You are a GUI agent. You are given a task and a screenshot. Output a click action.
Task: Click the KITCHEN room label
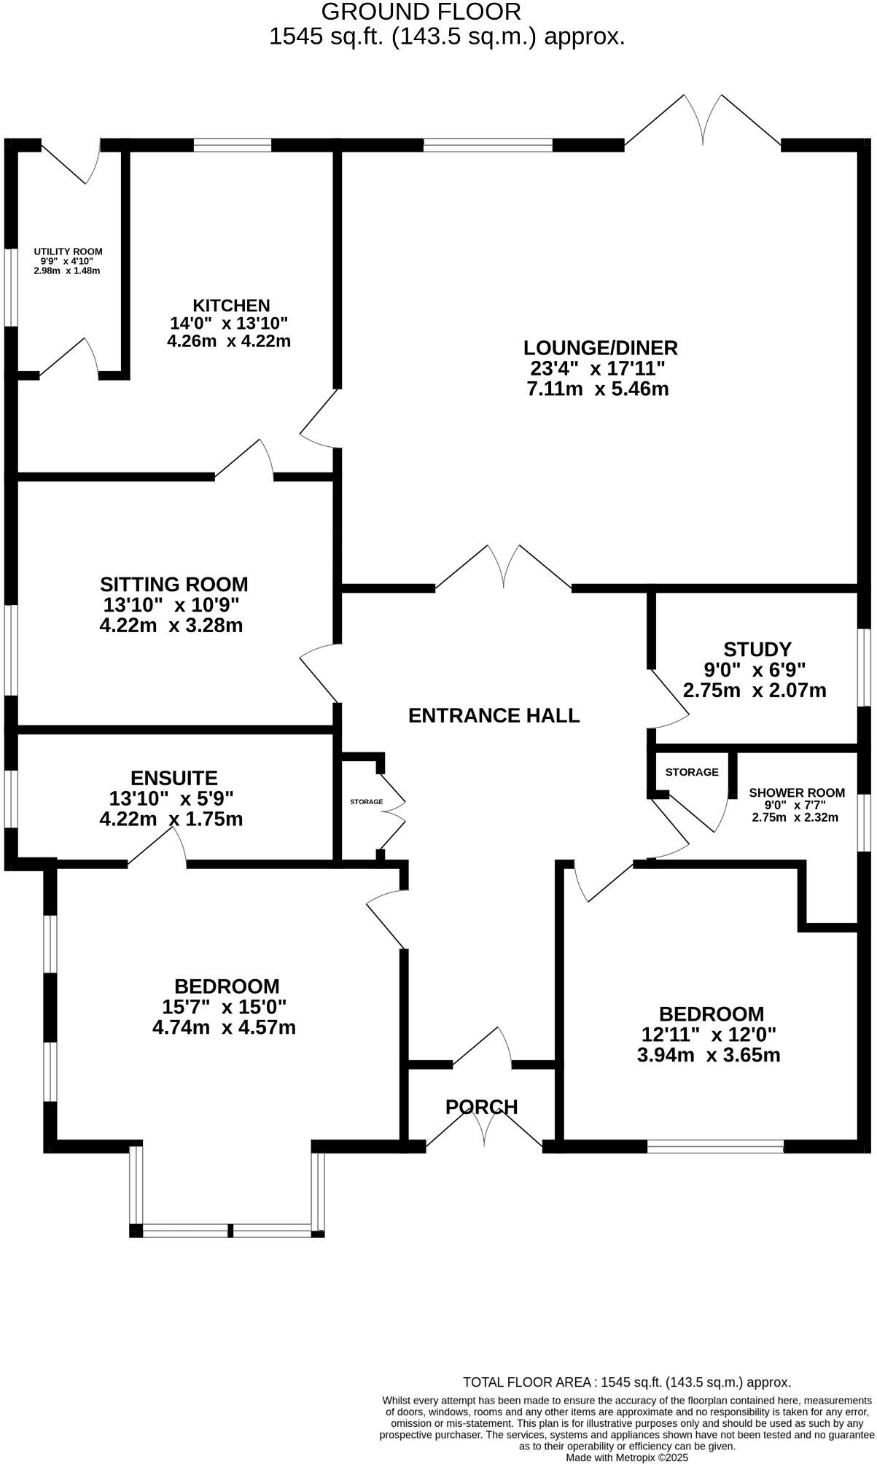click(231, 305)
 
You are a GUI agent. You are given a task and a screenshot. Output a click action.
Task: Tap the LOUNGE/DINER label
click(601, 348)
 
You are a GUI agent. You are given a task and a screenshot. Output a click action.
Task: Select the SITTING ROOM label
click(174, 584)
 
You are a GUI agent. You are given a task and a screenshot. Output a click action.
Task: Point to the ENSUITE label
click(174, 778)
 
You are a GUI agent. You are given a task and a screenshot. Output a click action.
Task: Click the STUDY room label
click(757, 648)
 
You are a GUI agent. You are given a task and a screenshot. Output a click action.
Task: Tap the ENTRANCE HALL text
click(494, 715)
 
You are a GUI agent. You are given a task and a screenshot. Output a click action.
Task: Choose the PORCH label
click(481, 1107)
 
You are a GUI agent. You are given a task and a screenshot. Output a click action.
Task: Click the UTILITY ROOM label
click(68, 252)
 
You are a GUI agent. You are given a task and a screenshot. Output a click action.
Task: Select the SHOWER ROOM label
click(796, 793)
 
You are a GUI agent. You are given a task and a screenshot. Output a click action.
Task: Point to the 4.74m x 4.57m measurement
click(224, 1027)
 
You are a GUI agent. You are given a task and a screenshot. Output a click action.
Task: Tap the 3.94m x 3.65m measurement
click(709, 1054)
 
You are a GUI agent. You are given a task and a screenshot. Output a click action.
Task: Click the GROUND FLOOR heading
click(421, 12)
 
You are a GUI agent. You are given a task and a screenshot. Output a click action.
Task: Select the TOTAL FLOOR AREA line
click(627, 1382)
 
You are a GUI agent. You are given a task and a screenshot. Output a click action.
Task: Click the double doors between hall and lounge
click(504, 569)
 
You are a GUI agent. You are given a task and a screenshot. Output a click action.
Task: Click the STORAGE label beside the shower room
click(692, 772)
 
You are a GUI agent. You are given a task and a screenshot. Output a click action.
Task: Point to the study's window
click(863, 668)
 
